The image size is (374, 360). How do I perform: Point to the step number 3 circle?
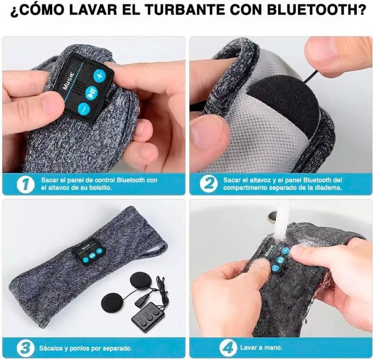coord(25,347)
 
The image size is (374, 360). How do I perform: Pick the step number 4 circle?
coord(227,347)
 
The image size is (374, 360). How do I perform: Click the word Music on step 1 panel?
coord(68,82)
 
